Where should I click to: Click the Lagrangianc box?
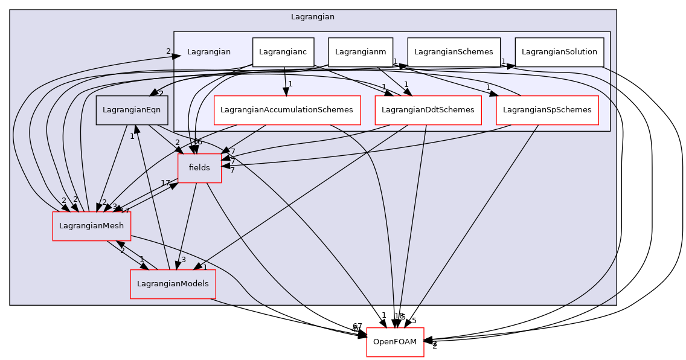point(283,52)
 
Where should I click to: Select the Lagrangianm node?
point(361,52)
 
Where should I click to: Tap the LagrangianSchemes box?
point(454,52)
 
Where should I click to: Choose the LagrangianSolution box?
point(559,52)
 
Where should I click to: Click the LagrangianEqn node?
point(132,110)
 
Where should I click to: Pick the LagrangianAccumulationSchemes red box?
point(287,110)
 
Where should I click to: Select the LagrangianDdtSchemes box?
point(428,110)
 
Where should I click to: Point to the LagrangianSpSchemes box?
point(547,110)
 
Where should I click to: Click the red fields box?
point(199,168)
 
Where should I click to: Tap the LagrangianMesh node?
point(91,226)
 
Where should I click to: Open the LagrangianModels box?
point(173,284)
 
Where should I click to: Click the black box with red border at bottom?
point(395,342)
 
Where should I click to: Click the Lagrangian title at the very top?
point(312,17)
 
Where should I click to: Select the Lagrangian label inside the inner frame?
point(208,52)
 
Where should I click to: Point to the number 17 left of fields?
point(165,183)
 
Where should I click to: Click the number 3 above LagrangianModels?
point(184,260)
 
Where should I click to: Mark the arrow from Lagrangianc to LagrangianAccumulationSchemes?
point(285,79)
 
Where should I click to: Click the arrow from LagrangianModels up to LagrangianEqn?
point(148,199)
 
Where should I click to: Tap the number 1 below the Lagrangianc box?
point(290,84)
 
